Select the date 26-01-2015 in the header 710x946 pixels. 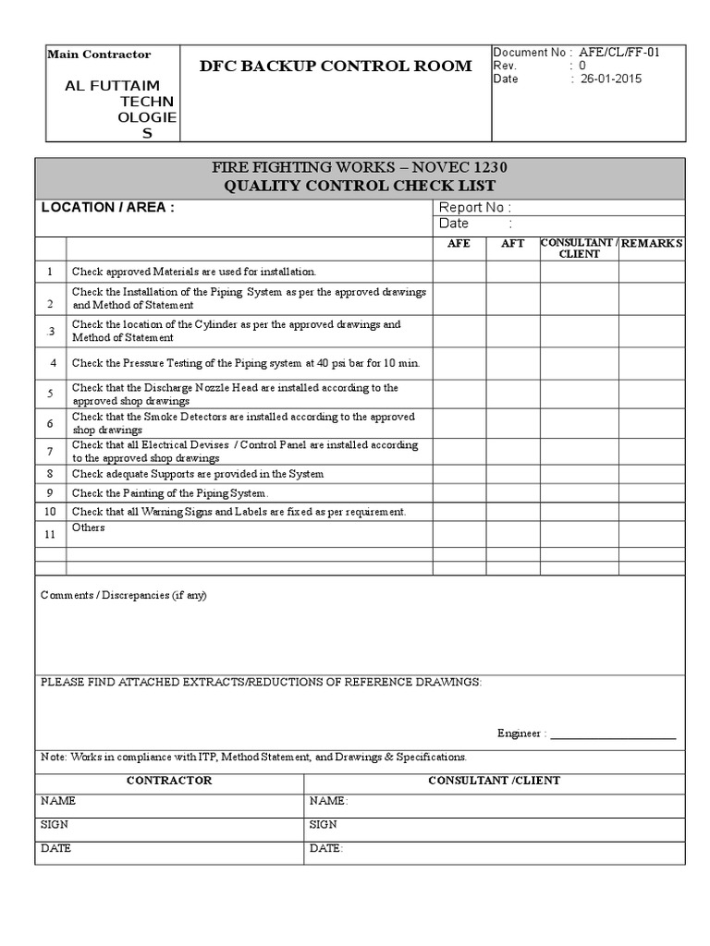point(611,79)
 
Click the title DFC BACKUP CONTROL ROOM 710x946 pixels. point(336,66)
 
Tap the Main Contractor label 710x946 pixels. point(99,55)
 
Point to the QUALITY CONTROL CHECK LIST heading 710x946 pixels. point(361,186)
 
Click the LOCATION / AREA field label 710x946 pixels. point(107,208)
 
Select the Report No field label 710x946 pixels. point(474,208)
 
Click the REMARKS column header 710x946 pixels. point(652,243)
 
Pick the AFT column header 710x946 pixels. point(512,243)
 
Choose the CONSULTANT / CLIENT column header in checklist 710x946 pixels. point(579,248)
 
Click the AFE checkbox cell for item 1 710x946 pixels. point(459,272)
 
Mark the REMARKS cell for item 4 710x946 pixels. point(652,363)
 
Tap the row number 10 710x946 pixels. point(51,512)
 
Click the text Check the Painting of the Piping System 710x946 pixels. point(170,493)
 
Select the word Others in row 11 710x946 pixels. point(89,528)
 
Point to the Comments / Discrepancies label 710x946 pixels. point(124,595)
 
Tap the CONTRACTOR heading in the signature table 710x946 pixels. point(169,781)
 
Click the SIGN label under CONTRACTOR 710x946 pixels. point(55,824)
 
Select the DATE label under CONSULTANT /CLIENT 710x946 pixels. point(325,848)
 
